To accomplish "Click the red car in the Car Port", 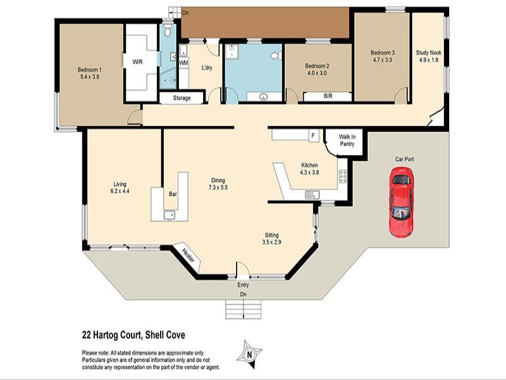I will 401,202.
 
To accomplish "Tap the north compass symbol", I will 250,353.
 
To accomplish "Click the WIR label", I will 137,62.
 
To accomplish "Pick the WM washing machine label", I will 183,63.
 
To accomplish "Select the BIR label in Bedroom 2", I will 328,97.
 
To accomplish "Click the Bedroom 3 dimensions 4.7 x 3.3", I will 383,60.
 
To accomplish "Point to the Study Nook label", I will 428,53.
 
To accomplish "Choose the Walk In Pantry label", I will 347,140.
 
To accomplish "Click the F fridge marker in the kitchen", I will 312,136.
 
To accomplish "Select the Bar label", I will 171,194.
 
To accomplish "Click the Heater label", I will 188,256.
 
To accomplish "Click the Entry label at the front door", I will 243,285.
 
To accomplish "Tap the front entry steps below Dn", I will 243,309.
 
